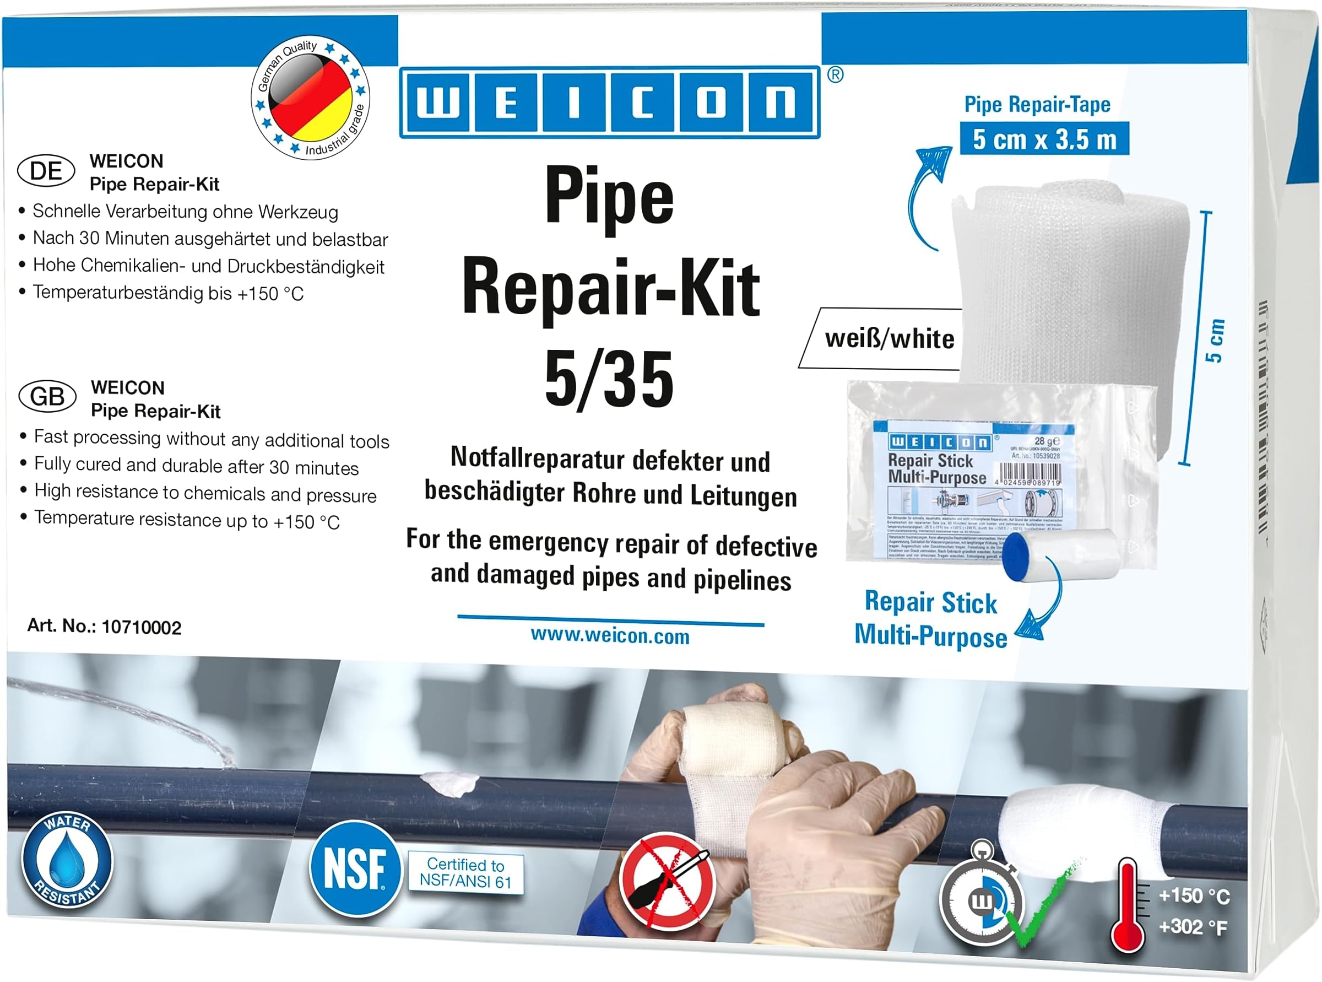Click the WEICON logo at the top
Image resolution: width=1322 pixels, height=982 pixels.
tap(609, 102)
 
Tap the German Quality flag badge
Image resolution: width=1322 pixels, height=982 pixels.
tap(310, 98)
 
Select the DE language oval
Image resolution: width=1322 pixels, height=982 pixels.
tap(46, 171)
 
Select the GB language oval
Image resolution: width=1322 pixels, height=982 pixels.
tap(47, 396)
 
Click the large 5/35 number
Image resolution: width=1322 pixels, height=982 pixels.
tap(609, 379)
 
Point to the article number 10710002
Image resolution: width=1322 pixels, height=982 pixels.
tap(141, 627)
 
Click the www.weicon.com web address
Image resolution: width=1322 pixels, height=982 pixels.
tap(610, 636)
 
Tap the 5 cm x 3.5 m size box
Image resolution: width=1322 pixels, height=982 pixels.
tap(1044, 139)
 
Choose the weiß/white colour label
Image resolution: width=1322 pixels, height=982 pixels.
tap(889, 339)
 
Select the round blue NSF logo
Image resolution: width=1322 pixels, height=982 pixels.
tap(355, 868)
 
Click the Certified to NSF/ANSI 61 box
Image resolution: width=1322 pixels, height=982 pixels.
tap(466, 873)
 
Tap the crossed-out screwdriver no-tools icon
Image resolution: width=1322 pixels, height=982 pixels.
tap(667, 882)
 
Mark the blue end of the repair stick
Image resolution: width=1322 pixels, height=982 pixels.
tap(1016, 555)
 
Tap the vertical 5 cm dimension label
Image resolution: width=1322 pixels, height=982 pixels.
tap(1215, 341)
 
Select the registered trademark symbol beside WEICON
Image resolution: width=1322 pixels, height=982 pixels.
tap(835, 75)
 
